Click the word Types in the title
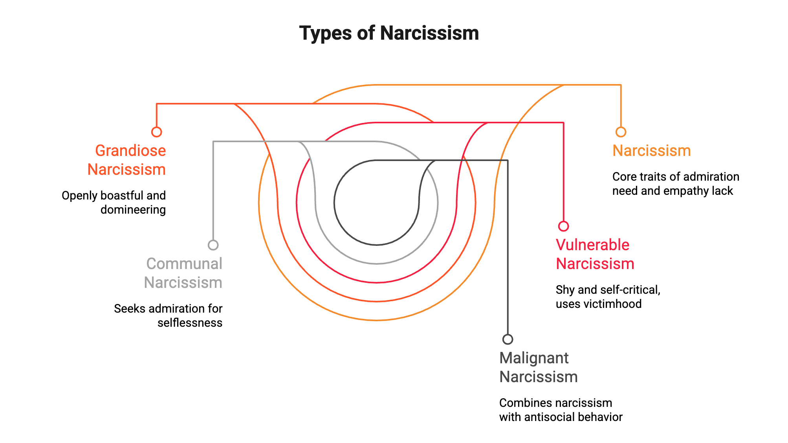[x=325, y=34]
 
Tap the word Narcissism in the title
[x=430, y=33]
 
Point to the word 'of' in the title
[x=366, y=33]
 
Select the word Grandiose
[x=130, y=151]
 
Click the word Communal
[x=184, y=264]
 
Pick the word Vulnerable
[x=592, y=245]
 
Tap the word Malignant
[x=534, y=358]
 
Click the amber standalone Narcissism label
[x=652, y=151]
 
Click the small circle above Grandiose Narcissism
[x=157, y=132]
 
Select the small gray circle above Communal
[x=213, y=245]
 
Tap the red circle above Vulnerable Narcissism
[x=564, y=226]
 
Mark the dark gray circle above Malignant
[x=508, y=339]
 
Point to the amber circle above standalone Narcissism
[x=621, y=132]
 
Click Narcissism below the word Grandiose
[x=126, y=170]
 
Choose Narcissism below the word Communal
[x=183, y=283]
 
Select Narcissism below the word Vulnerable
[x=595, y=264]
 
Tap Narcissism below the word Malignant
[x=539, y=377]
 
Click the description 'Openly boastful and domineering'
[x=114, y=203]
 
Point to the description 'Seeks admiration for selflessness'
[x=168, y=316]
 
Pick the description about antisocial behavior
[x=561, y=410]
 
